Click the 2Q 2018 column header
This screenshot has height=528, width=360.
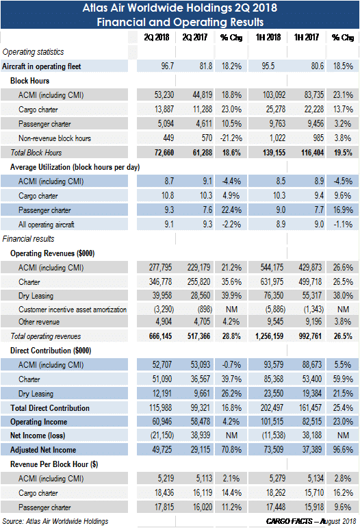coord(157,37)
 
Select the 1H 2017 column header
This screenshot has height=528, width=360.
coord(306,37)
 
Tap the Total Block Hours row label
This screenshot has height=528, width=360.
coord(36,153)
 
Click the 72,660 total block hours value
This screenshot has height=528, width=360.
coord(164,153)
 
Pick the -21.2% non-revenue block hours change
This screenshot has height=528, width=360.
coord(231,138)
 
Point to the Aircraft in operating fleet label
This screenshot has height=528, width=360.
coord(41,66)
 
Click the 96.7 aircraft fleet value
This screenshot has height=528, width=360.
coord(167,66)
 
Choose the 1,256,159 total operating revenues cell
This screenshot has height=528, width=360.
coord(269,336)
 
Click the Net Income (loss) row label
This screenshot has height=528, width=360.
coord(38,436)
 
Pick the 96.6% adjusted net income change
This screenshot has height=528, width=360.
coord(343,449)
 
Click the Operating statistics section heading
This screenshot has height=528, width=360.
coord(33,52)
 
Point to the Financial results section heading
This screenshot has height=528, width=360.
coord(28,239)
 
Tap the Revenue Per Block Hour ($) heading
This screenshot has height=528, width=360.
coord(54,464)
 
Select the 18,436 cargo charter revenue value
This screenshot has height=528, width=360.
coord(164,492)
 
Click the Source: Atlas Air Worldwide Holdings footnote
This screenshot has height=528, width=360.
coord(55,521)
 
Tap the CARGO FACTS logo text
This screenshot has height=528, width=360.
coord(289,521)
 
